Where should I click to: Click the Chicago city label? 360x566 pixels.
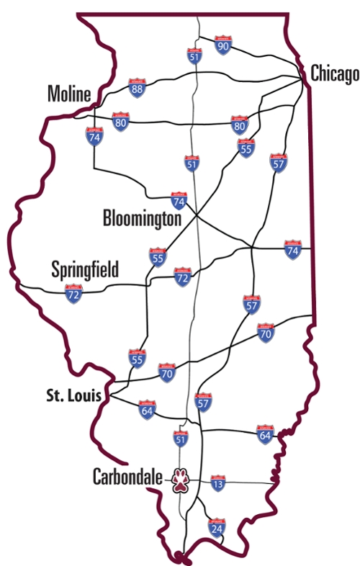click(334, 73)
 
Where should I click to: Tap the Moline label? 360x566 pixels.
click(69, 93)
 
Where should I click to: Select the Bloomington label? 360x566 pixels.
click(142, 217)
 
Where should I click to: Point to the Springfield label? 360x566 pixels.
click(85, 270)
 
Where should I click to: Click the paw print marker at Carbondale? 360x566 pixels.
click(179, 480)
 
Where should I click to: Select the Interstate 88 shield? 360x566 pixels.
click(137, 89)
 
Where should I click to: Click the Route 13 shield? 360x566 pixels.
click(217, 484)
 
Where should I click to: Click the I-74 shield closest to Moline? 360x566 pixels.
click(95, 136)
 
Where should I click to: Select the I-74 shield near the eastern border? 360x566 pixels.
click(292, 249)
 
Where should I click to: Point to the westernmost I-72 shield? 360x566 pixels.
click(73, 293)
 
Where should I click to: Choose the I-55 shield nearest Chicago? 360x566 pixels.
click(246, 148)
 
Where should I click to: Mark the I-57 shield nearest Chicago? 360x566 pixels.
click(279, 163)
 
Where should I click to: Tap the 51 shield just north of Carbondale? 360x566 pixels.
click(181, 438)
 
